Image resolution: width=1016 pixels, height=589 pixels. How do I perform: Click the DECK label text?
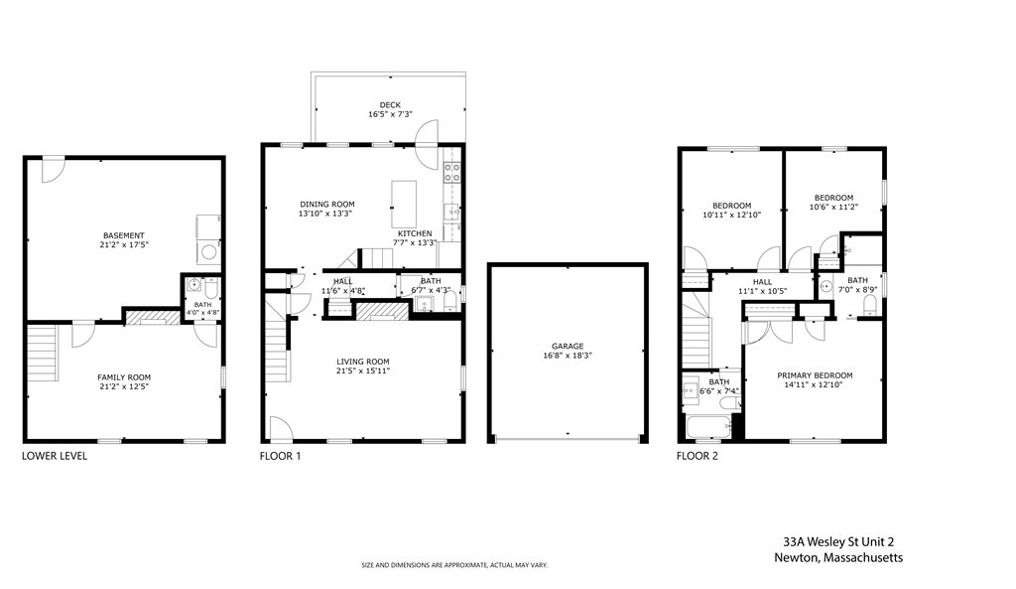[390, 104]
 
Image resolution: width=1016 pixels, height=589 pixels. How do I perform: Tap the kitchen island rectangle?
[403, 204]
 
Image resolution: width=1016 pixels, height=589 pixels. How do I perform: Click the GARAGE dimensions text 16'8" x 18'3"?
[569, 356]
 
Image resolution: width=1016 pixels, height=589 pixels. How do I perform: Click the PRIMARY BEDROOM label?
[815, 375]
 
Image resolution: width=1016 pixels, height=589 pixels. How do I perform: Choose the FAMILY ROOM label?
[124, 377]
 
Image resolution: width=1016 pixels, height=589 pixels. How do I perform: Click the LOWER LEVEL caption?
[55, 457]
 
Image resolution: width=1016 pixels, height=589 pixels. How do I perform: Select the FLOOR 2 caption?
[698, 457]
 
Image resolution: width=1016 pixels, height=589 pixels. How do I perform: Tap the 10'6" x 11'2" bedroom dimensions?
[833, 208]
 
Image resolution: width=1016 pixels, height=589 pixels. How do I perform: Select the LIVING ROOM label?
[362, 362]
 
